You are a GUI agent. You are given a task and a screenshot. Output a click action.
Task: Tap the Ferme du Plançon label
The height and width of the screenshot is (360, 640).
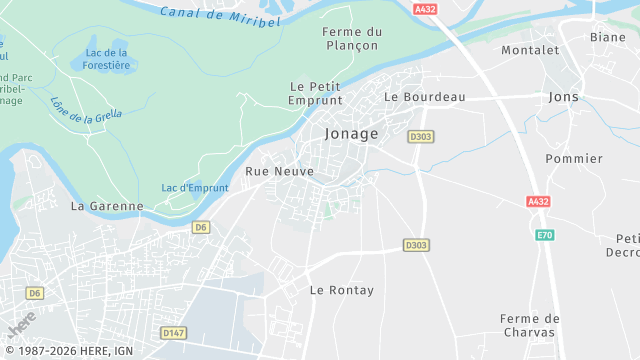pos(351,39)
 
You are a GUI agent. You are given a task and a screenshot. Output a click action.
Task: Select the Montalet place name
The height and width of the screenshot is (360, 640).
pos(530,50)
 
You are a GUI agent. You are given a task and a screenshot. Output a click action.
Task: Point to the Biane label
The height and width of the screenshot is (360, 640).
pos(607,37)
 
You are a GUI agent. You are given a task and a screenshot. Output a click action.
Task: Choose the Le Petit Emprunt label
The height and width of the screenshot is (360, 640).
pos(315,93)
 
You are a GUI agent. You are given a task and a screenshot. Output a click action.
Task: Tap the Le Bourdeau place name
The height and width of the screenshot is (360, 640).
pos(425,97)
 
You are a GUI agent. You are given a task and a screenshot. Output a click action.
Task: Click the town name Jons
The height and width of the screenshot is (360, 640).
pos(564,97)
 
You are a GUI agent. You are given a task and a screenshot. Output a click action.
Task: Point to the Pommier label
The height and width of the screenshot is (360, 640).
pos(574,159)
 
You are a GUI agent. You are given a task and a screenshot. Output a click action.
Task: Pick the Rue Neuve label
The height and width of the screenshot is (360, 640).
pos(280,172)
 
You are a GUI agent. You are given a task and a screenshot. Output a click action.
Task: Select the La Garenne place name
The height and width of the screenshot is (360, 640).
pos(107,206)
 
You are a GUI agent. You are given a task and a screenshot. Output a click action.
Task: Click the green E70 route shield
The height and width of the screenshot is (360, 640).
pos(544,235)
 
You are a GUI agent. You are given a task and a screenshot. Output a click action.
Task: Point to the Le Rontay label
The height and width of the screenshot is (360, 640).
pos(342,290)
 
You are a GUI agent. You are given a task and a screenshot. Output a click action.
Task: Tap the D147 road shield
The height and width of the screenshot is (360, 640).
pos(174,332)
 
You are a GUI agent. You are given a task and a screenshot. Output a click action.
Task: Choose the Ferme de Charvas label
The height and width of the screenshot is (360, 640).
pos(530,327)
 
